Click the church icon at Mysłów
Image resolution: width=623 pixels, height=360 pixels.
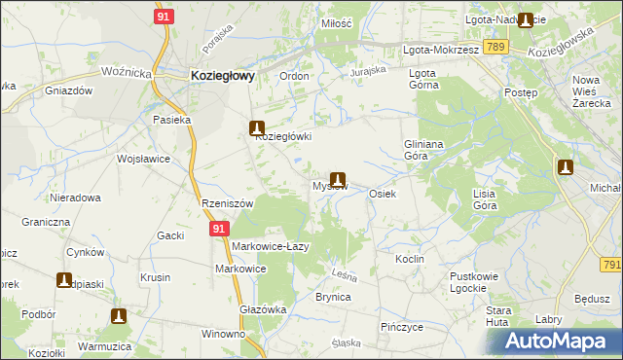[338, 178]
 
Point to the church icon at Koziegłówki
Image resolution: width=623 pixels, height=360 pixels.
[257, 126]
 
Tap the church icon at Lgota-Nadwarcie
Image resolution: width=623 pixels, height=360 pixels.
[527, 19]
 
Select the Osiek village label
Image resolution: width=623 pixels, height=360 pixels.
[382, 194]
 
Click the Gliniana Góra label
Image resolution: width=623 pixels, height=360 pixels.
[423, 149]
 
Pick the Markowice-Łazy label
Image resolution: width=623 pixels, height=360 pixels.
[270, 246]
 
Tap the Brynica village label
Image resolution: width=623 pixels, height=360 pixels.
[332, 297]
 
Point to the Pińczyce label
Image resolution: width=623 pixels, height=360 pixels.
[402, 327]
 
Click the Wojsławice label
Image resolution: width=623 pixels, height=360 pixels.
[143, 159]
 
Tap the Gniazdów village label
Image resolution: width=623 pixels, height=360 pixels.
[68, 90]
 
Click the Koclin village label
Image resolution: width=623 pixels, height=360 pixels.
[409, 260]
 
